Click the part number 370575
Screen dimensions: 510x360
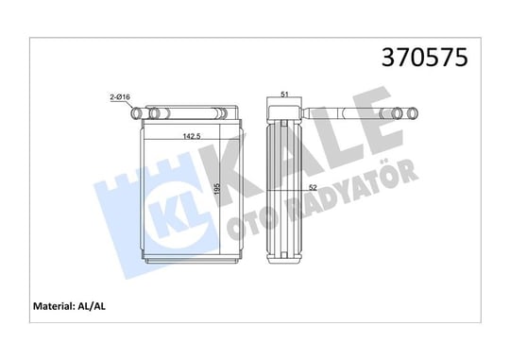(x=424, y=58)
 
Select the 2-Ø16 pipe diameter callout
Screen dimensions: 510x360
(x=120, y=96)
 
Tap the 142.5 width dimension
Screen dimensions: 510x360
(x=192, y=136)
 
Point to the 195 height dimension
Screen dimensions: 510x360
(x=217, y=189)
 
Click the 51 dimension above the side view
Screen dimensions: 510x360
(x=284, y=94)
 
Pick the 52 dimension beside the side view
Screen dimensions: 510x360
(x=313, y=187)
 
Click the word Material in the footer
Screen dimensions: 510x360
(x=54, y=306)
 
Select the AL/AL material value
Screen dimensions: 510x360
(x=92, y=306)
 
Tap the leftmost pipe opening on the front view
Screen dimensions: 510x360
(x=136, y=113)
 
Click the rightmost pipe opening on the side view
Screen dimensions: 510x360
(x=413, y=113)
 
